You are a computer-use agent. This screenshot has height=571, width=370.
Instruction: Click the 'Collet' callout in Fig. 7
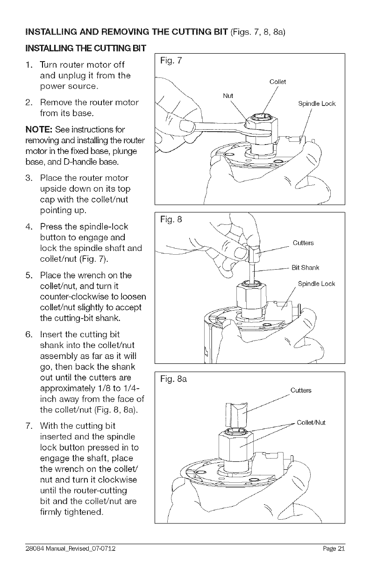(277, 82)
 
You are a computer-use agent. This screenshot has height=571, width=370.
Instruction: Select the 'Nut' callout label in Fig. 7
(228, 96)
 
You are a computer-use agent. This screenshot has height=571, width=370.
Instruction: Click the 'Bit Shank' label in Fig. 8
(305, 267)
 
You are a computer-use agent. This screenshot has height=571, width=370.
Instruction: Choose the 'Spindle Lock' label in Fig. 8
(316, 284)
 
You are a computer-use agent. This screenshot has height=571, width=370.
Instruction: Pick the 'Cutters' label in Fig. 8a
(301, 390)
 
